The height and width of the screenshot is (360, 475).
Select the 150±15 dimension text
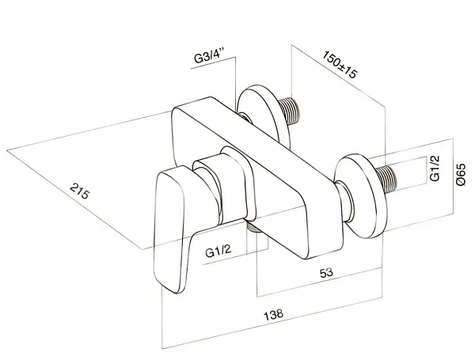(x=340, y=65)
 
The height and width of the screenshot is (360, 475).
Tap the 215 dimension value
(x=80, y=191)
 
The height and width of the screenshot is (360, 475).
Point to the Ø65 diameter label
(x=461, y=174)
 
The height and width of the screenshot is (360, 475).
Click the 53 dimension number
(x=326, y=273)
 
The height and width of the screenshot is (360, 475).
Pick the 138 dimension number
(x=274, y=315)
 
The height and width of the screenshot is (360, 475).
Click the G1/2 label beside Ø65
(x=435, y=168)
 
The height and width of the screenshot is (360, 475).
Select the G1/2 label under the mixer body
(x=218, y=251)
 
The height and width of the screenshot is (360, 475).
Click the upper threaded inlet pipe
(x=290, y=111)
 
